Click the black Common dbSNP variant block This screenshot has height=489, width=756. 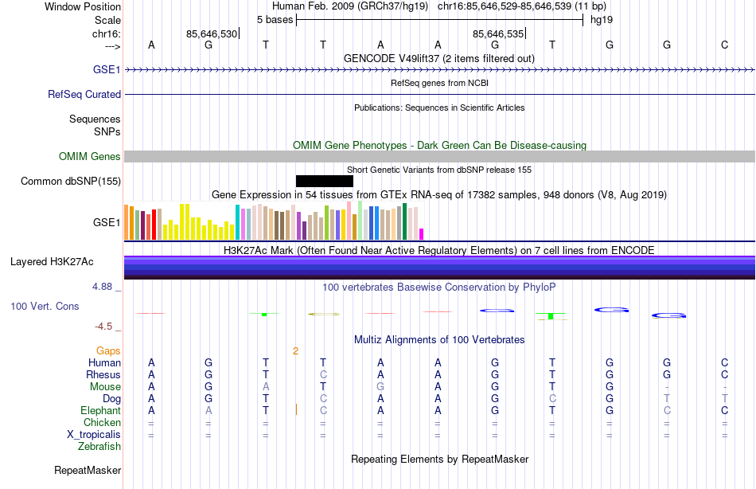(324, 181)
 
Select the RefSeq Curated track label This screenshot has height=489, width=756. (84, 94)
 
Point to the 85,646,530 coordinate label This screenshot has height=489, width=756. (212, 33)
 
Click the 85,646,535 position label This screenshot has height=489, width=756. (498, 33)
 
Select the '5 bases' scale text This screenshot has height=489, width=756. (275, 19)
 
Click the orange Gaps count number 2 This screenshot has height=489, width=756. (295, 350)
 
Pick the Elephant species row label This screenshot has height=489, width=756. (101, 410)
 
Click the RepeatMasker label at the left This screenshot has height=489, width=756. (88, 471)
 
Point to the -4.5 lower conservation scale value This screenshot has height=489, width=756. (104, 327)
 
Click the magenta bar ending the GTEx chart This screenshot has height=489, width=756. (422, 233)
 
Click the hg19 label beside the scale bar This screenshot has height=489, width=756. (601, 19)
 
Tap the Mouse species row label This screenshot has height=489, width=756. (105, 386)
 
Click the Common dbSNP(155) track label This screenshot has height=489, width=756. (71, 181)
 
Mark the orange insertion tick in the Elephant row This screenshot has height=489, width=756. (296, 409)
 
